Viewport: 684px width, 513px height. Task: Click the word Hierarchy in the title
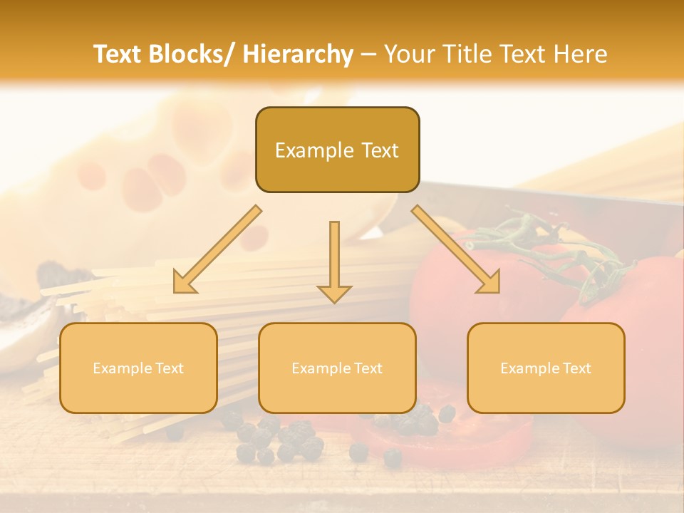[x=298, y=54]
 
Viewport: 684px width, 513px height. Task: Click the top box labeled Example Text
[x=337, y=150]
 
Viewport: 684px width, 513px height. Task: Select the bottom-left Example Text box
[x=138, y=368]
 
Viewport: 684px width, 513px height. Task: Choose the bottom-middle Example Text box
[x=337, y=368]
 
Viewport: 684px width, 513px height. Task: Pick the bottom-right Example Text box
[x=546, y=368]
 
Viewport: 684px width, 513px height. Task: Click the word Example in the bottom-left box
[x=123, y=368]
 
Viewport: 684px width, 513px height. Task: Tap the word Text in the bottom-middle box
[x=367, y=368]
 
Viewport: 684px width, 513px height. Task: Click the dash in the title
[x=369, y=54]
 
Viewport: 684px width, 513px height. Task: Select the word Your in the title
[x=408, y=54]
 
